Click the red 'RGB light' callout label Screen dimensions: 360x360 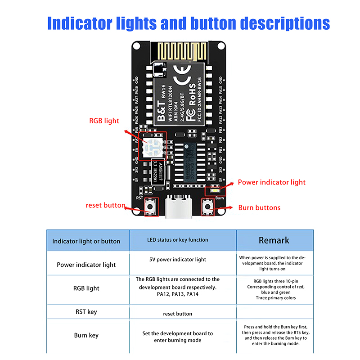click(x=104, y=121)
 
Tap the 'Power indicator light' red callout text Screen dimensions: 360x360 click(x=271, y=182)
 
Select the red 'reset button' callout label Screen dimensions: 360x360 click(x=105, y=206)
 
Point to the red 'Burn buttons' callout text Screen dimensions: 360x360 click(x=259, y=207)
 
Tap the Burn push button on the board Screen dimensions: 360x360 click(x=207, y=207)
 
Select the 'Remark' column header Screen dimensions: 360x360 click(x=274, y=240)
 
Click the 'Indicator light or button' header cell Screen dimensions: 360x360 click(x=86, y=241)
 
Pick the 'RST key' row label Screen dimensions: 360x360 click(x=86, y=311)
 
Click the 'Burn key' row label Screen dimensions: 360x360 click(x=86, y=335)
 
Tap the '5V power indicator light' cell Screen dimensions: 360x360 click(x=178, y=260)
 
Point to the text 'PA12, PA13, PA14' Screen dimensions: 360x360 click(x=173, y=294)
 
